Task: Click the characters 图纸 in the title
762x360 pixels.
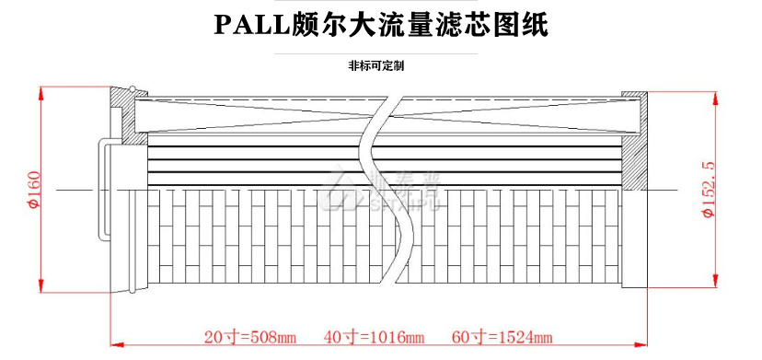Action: (520, 24)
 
